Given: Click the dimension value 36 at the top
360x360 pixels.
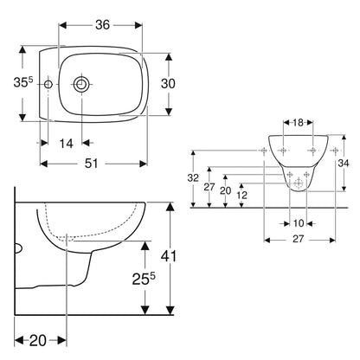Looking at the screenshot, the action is coord(103,25).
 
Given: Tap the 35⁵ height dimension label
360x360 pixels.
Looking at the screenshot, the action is coord(23,83).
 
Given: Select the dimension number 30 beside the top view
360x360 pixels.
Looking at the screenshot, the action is coord(168,84).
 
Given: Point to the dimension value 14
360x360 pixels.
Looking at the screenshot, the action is coord(66,144).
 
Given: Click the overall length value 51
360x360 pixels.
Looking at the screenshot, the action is coord(92,164).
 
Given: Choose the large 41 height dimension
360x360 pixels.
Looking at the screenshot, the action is coord(169,256).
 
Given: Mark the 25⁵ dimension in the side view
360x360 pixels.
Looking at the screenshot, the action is coord(144,279).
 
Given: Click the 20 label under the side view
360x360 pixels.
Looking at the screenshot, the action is coord(38,341).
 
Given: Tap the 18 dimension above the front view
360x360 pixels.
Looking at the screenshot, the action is coord(298,123).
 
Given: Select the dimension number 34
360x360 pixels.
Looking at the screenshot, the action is coord(344,164).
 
